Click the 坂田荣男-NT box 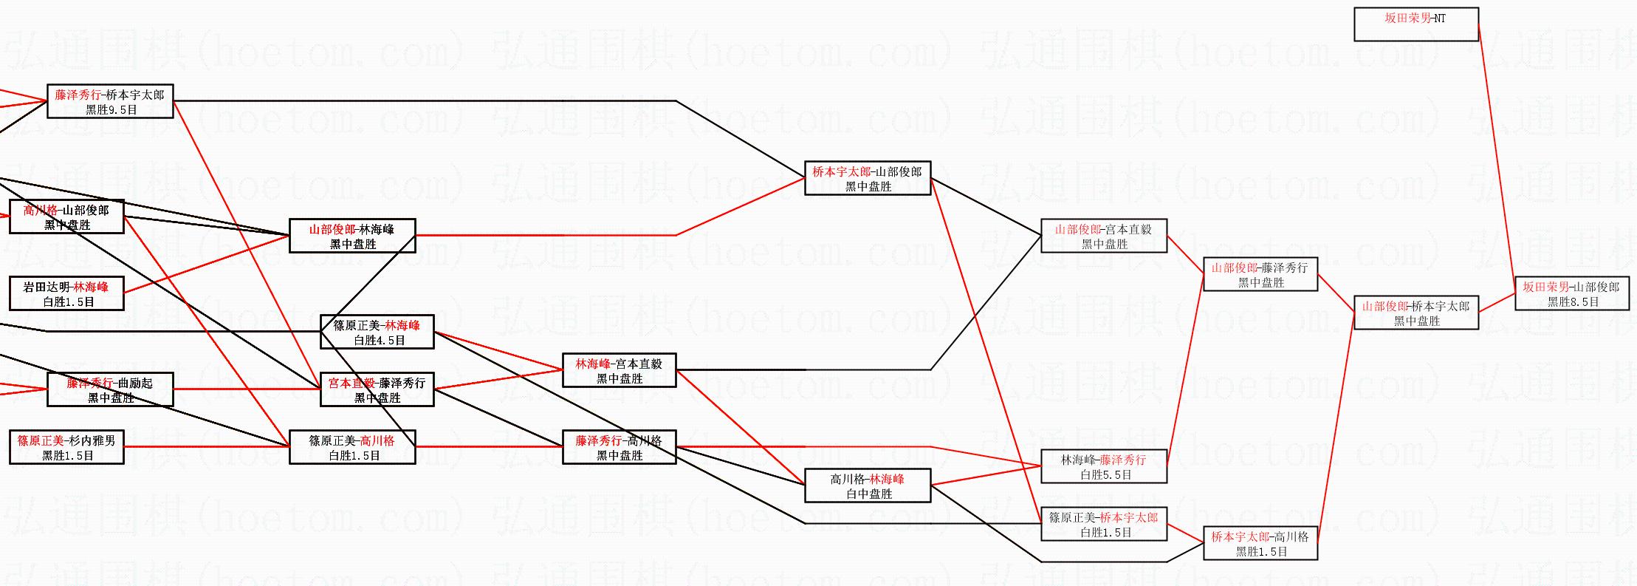point(1415,24)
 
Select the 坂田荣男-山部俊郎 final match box point(1571,293)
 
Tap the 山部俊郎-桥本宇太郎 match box point(1415,313)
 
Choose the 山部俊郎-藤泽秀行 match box point(1260,274)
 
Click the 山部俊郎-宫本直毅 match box point(1103,236)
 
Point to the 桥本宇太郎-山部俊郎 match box point(867,178)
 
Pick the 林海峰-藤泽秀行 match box point(1103,466)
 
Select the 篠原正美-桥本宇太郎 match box point(1103,524)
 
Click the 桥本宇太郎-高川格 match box point(1260,543)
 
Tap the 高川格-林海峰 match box point(867,486)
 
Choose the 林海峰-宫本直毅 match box point(619,370)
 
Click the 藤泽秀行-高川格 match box point(619,447)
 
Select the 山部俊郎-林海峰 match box point(351,236)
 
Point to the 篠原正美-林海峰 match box point(377,332)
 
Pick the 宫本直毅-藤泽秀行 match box point(377,389)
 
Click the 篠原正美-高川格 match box point(351,447)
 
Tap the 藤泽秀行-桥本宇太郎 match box point(110,101)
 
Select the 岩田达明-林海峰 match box point(66,293)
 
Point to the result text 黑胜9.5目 point(111,109)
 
